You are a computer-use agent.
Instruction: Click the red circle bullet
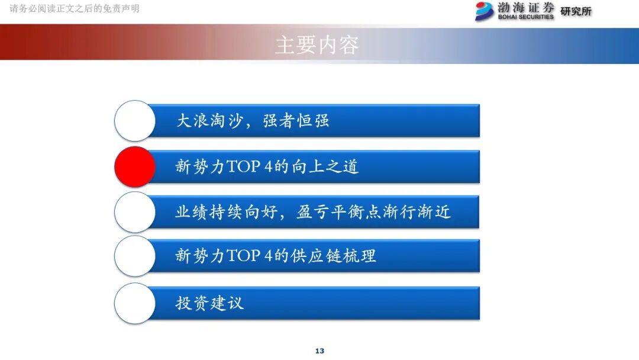coord(135,166)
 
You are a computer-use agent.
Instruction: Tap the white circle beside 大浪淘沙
coord(135,121)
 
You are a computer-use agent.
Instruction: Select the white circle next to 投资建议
coord(135,303)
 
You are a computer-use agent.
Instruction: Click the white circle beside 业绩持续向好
coord(135,212)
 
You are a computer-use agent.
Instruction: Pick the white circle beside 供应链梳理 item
coord(135,256)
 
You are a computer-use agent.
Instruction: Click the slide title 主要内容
coord(317,45)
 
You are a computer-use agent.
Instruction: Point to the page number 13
coord(319,351)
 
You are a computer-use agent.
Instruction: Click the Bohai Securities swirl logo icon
coord(485,11)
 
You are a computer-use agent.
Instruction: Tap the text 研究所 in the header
coord(576,11)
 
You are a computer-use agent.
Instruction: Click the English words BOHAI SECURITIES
coord(526,17)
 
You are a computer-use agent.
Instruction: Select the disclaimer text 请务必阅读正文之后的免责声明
coord(75,9)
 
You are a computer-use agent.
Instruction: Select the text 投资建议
coord(209,303)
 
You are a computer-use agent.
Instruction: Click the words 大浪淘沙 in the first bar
coord(209,121)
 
